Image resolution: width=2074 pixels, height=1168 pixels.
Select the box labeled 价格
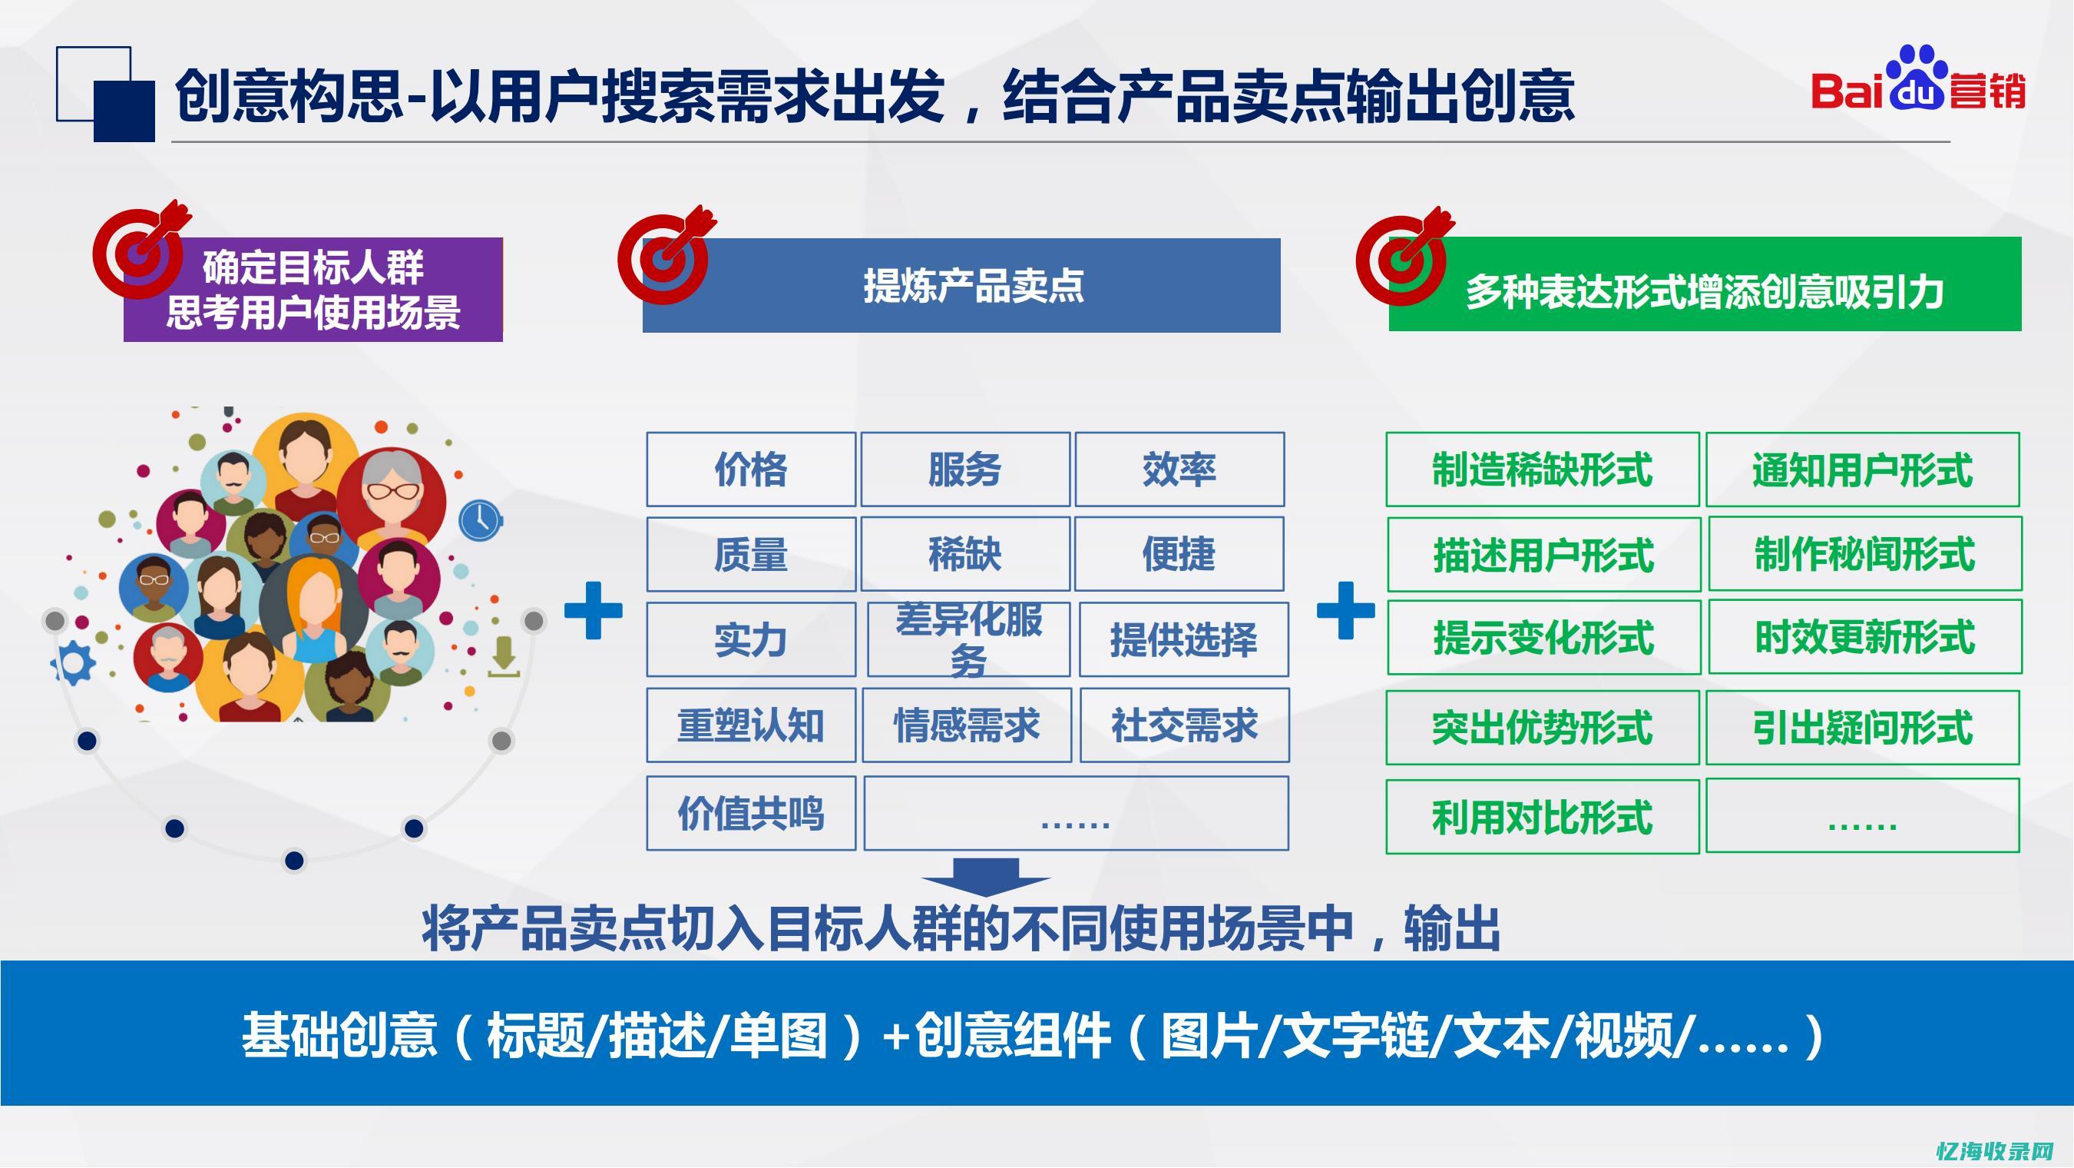point(750,470)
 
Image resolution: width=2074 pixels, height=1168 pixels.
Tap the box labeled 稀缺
point(964,554)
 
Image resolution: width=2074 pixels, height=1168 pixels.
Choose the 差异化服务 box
point(968,639)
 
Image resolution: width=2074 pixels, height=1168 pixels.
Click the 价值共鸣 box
point(750,814)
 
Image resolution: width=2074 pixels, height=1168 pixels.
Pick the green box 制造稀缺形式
point(1542,470)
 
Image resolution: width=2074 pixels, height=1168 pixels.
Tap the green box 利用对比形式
point(1542,817)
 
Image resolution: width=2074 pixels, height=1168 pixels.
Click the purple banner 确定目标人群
point(313,290)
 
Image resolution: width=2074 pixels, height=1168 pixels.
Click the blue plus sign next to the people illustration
point(594,610)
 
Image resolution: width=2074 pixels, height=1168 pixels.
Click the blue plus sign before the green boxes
point(1345,610)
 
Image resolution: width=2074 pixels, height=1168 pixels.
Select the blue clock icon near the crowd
point(481,520)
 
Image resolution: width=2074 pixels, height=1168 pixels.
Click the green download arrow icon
point(504,655)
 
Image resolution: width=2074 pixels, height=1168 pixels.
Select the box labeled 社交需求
point(1183,725)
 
